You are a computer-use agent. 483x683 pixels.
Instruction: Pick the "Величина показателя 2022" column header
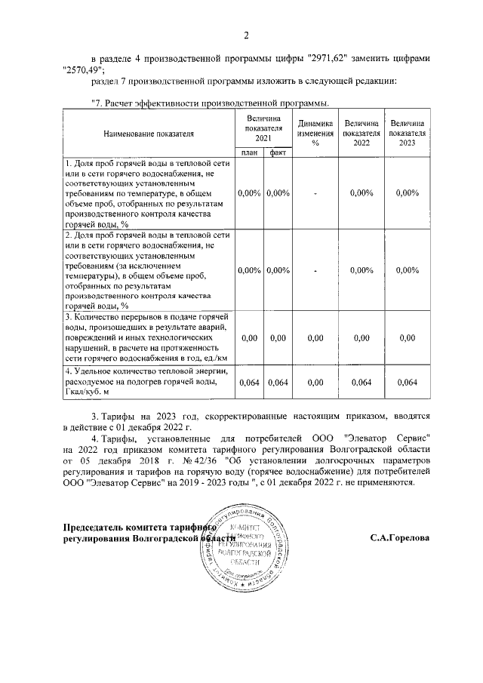pyautogui.click(x=361, y=133)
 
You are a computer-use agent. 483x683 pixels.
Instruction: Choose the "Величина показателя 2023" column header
pyautogui.click(x=407, y=133)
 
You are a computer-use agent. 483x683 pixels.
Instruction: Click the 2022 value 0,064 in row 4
pyautogui.click(x=361, y=383)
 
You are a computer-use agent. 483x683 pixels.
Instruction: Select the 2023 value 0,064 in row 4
pyautogui.click(x=407, y=383)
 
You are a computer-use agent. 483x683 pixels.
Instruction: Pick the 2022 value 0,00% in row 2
pyautogui.click(x=361, y=270)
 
